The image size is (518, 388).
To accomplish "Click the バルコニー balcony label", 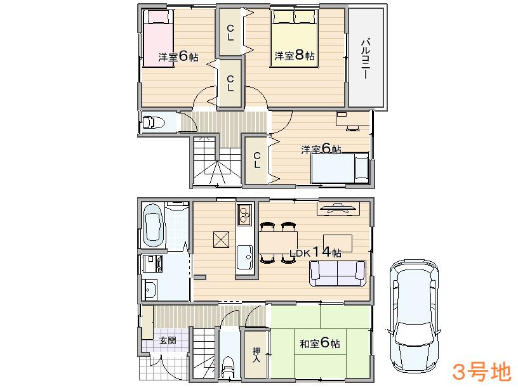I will (x=366, y=58).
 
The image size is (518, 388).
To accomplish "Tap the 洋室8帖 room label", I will (x=295, y=56).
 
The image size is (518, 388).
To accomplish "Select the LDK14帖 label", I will (x=315, y=252).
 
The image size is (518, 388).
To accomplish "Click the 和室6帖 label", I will (x=319, y=344).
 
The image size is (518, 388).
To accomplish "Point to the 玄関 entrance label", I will (x=168, y=340).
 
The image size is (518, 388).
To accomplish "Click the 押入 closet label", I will (x=256, y=355).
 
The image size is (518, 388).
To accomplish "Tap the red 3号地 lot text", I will (x=481, y=371).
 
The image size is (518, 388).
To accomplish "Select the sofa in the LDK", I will (x=337, y=273).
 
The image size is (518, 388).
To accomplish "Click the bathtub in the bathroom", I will (x=154, y=225).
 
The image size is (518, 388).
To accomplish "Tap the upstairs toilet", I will (x=153, y=122).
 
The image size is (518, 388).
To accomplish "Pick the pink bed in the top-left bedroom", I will (x=156, y=35).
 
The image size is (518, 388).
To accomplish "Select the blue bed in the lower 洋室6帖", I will (x=340, y=169).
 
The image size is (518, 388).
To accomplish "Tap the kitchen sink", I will (x=245, y=257).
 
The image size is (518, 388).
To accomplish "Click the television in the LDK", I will (x=338, y=207).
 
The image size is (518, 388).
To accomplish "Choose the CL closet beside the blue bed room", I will (x=256, y=160).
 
